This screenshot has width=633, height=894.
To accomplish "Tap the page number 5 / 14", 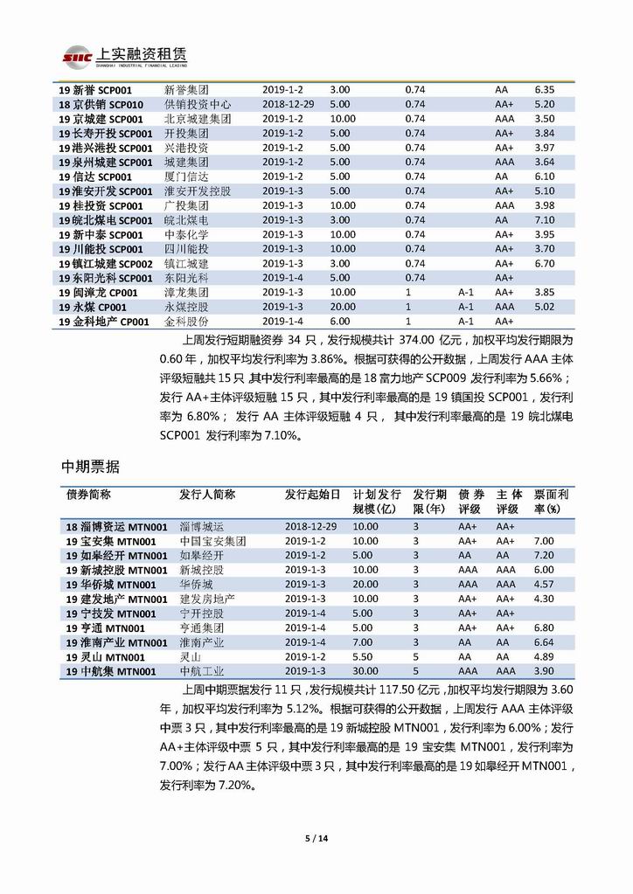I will click(x=316, y=839).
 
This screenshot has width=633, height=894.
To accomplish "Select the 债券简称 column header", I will click(x=88, y=494).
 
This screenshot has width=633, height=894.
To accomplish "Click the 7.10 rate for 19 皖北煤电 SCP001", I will click(x=544, y=220).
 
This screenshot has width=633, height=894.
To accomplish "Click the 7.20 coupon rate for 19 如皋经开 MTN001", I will click(x=544, y=556).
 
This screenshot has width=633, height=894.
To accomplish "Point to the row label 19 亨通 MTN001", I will click(x=101, y=627).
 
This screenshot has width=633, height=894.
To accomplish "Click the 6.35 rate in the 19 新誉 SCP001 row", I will click(x=544, y=90).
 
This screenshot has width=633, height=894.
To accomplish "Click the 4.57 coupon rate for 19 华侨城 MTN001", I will click(x=544, y=585).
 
